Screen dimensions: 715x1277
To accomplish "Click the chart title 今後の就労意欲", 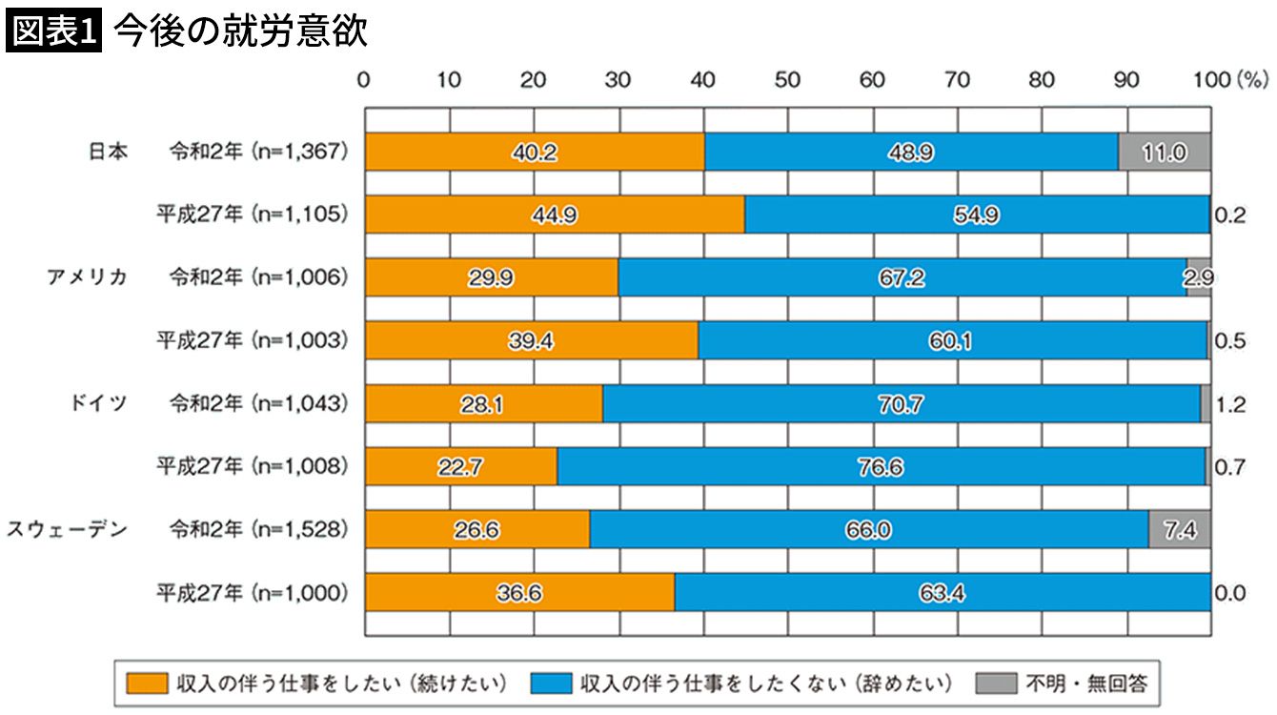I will tap(239, 32).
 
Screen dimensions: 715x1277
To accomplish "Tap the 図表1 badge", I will tap(54, 32).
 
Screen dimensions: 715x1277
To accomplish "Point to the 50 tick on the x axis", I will tap(787, 81).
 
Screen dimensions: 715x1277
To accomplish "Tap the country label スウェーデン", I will tap(68, 529).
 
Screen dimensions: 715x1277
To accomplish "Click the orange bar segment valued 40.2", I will tap(535, 152).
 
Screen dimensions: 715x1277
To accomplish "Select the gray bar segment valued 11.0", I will tap(1165, 152).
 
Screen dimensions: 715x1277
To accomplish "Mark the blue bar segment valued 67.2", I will tap(902, 277).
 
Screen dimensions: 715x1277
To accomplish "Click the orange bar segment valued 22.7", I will tap(460, 467).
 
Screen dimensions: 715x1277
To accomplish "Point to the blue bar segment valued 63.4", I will tap(942, 593).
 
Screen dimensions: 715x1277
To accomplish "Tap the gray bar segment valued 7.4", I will tap(1180, 529).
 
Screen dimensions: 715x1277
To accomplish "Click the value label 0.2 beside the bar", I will tap(1228, 214).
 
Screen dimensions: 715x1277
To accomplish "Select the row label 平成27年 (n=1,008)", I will tap(252, 467).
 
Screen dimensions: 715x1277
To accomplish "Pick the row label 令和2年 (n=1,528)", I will tap(257, 529).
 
